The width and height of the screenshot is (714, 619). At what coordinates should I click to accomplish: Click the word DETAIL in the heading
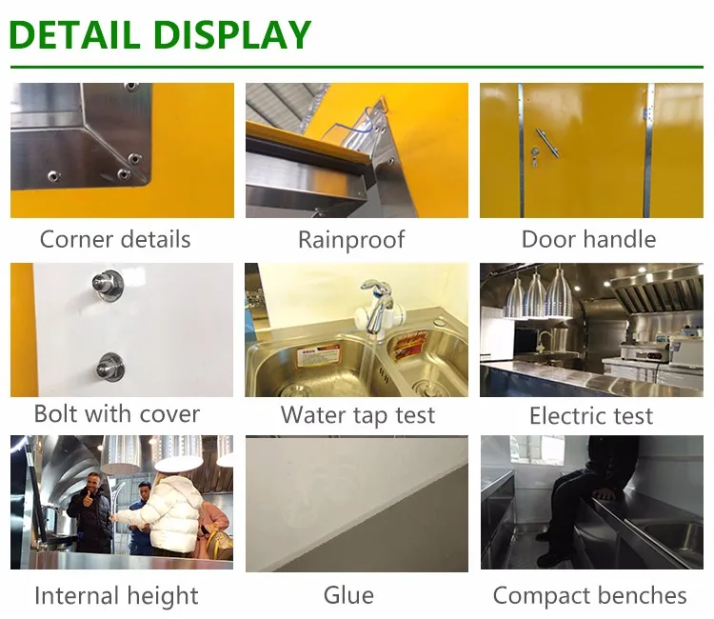[74, 34]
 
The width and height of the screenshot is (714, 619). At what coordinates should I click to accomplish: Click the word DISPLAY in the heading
[232, 34]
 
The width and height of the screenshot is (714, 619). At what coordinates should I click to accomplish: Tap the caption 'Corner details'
[115, 239]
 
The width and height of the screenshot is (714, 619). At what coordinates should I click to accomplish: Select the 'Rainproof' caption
[351, 240]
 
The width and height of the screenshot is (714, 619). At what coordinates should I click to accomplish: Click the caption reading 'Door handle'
[588, 239]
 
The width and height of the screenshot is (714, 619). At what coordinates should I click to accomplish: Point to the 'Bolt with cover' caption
[117, 414]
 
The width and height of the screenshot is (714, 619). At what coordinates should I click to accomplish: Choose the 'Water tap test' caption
[358, 415]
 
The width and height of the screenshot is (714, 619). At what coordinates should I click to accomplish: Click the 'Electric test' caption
[591, 416]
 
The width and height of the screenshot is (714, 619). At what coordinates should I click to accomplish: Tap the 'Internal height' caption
[116, 596]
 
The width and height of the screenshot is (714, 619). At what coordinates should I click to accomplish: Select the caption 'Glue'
[348, 595]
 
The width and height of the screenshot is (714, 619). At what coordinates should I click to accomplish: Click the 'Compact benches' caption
[589, 595]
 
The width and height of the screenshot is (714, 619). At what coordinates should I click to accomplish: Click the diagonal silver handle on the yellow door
[546, 143]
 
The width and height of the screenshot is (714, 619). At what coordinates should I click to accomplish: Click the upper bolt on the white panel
[108, 284]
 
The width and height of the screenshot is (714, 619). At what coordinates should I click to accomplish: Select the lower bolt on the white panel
[110, 367]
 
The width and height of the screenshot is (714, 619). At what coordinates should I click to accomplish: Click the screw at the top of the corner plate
[131, 86]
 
